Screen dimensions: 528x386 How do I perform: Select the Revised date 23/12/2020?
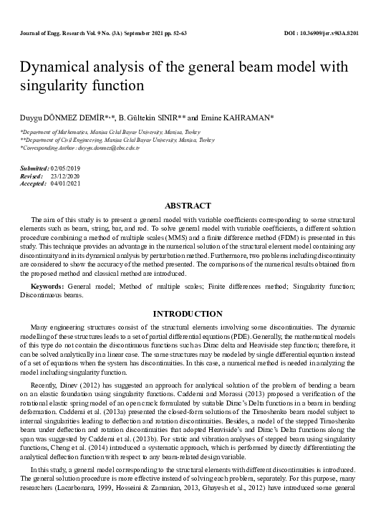click(x=66, y=175)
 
